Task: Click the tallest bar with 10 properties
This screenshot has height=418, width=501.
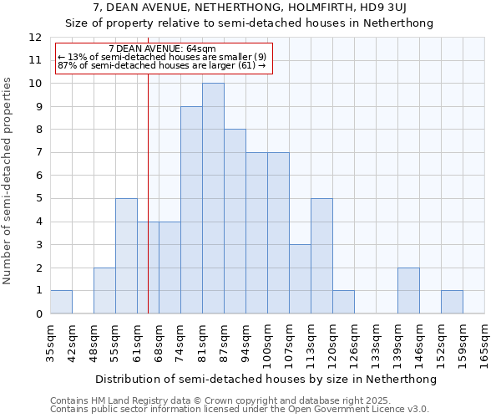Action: coord(213,198)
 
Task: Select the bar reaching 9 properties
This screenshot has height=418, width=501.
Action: coord(191,210)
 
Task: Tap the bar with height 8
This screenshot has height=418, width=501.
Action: coord(235,222)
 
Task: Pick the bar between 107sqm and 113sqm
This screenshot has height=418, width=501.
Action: coord(300,279)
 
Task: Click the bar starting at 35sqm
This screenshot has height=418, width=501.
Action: coord(61,302)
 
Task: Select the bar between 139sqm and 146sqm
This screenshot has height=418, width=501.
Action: coord(408,291)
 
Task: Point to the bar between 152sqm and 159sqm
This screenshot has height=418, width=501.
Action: coord(452,302)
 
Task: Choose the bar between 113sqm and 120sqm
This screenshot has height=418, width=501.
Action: coord(321,256)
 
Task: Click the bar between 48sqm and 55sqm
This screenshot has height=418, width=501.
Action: coord(104,291)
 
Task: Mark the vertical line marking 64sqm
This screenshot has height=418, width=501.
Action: coord(148,209)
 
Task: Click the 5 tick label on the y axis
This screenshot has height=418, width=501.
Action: coord(38,199)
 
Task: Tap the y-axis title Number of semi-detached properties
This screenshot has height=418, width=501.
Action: coord(8,181)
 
